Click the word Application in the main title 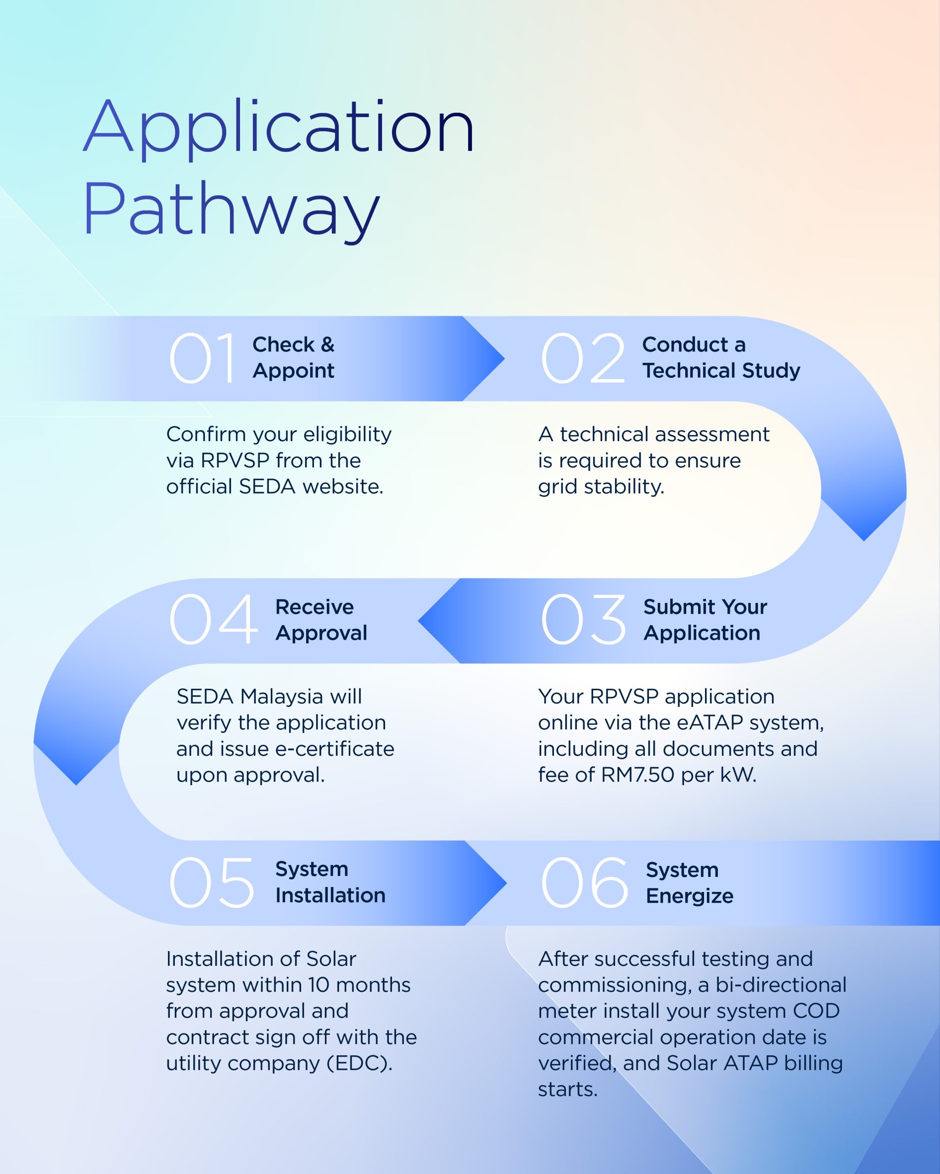coord(279,128)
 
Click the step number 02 coord(582,359)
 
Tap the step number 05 coord(212,883)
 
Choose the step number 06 coord(584,883)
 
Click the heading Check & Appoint coord(293,358)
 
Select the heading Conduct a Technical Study coord(721,358)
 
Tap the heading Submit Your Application coord(705,620)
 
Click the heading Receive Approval coord(321,620)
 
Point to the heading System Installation coord(330,883)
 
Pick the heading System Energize coord(689,883)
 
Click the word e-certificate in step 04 coord(335,749)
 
